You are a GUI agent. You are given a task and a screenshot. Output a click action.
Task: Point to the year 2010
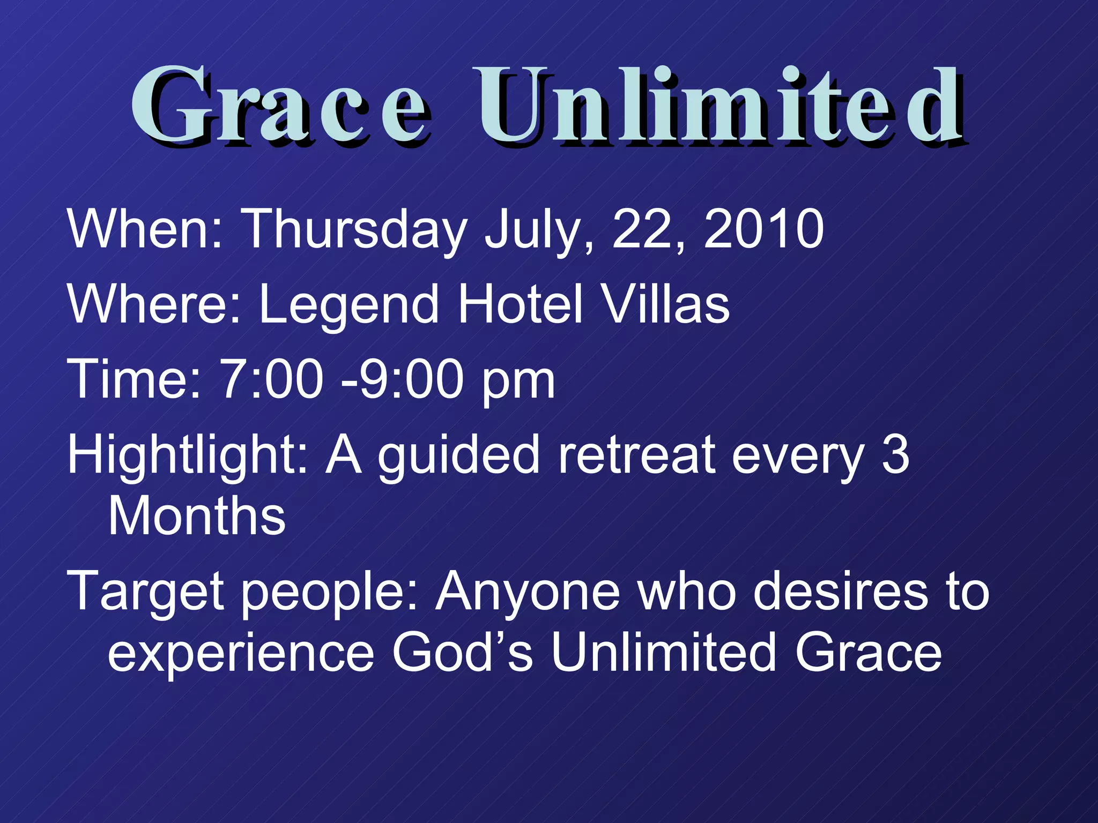tap(763, 229)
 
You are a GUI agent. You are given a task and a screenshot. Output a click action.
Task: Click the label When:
tap(144, 229)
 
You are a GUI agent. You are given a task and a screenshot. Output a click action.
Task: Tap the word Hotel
tap(520, 304)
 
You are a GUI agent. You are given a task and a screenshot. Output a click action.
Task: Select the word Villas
tap(665, 304)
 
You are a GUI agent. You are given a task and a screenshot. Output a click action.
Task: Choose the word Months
tap(197, 516)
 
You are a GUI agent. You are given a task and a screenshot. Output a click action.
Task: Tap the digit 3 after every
tap(895, 455)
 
